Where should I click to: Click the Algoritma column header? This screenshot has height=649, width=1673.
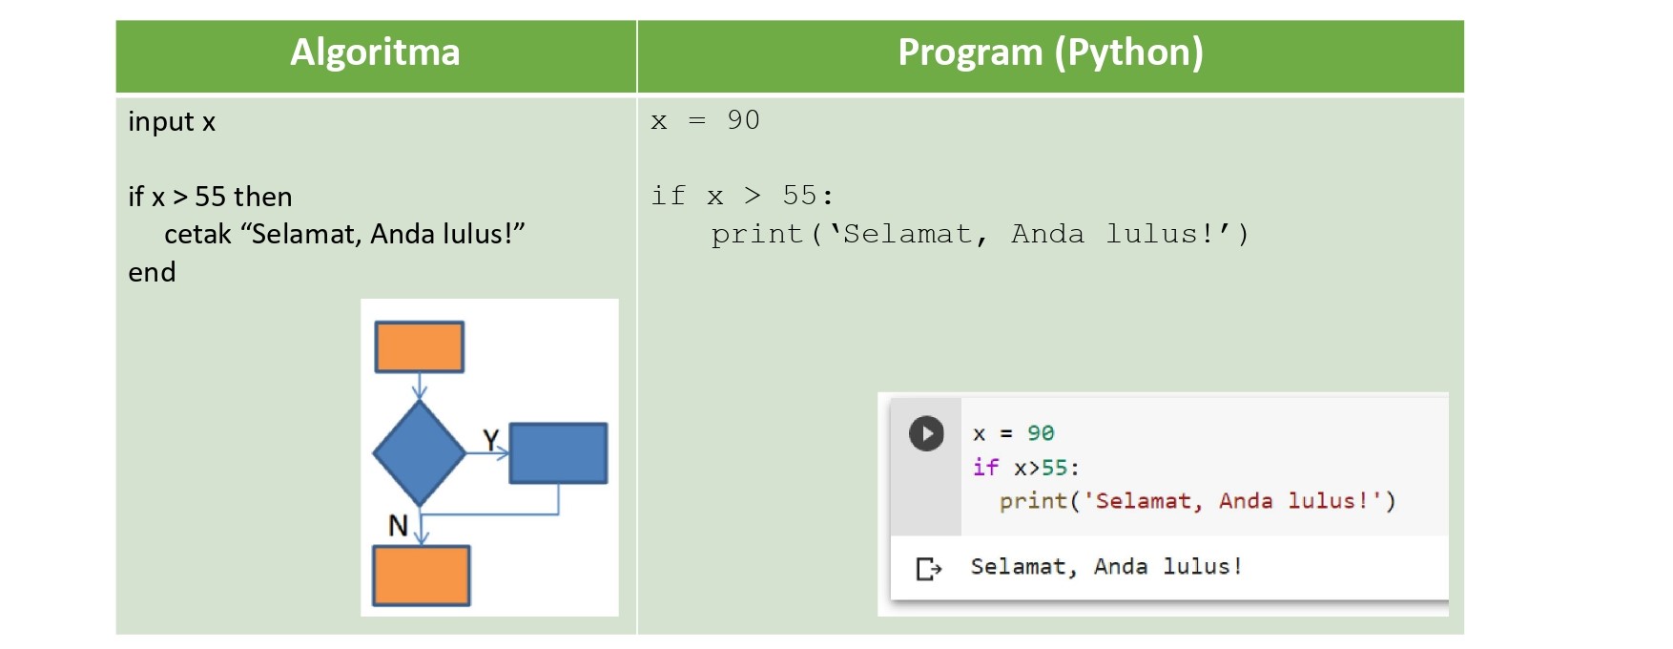(375, 52)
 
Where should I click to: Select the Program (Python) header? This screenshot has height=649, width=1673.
(1050, 53)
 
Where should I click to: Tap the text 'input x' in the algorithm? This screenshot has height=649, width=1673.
(172, 122)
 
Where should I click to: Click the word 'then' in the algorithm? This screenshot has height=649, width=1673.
(262, 197)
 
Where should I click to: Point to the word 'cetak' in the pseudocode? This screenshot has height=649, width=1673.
(197, 235)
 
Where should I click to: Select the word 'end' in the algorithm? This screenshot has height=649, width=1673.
(152, 273)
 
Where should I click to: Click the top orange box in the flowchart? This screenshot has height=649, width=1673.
(420, 346)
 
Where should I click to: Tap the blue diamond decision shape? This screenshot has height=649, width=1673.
(419, 452)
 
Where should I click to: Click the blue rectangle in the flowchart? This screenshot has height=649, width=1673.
(558, 453)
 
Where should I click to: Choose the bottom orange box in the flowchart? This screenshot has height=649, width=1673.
(421, 576)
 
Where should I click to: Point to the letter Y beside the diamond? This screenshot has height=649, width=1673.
(490, 440)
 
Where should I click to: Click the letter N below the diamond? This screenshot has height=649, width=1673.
(398, 526)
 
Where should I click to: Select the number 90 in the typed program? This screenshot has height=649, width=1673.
(743, 120)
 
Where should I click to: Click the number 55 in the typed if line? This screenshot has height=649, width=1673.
(799, 196)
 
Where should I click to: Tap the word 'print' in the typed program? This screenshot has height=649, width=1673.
(757, 235)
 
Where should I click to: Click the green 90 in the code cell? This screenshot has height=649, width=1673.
(1041, 433)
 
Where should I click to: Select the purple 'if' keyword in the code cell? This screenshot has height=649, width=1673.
(985, 467)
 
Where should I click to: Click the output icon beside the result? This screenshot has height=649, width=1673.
(928, 569)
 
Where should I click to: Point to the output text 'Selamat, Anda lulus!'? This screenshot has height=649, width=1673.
(1106, 567)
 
